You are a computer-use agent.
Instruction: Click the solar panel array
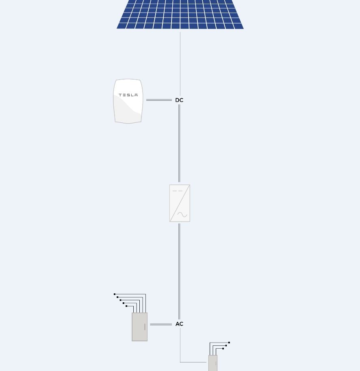point(180,14)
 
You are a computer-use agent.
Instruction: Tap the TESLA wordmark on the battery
point(128,95)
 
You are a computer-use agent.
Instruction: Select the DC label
point(179,100)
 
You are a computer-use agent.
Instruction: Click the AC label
point(179,324)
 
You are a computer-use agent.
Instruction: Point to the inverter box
point(180,203)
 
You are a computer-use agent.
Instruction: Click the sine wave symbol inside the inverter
point(182,215)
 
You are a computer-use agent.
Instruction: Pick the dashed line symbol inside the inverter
point(177,191)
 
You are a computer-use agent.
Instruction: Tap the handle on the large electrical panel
point(145,327)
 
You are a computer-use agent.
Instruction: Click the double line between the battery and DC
point(159,100)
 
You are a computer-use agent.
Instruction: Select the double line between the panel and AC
point(161,324)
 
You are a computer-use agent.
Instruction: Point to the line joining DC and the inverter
point(179,142)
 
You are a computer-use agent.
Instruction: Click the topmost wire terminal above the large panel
point(115,294)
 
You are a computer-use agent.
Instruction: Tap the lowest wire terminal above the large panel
point(126,306)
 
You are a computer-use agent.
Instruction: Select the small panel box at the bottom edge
point(213,363)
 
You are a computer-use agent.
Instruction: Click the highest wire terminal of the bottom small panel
point(229,343)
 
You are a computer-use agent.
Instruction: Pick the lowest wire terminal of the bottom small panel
point(223,349)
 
